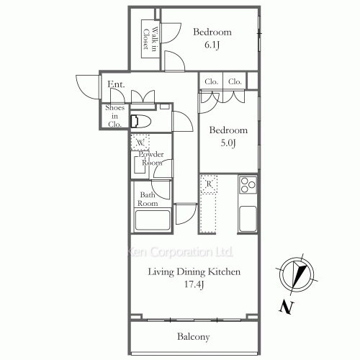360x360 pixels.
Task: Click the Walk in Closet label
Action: point(150,39)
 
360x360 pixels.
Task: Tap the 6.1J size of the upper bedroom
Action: point(212,45)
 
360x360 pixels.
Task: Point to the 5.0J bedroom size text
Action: point(228,143)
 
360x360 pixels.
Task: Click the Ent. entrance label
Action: point(116,84)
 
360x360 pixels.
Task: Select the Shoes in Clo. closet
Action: point(114,116)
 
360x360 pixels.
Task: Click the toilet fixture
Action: point(140,121)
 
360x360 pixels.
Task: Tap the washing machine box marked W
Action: point(140,143)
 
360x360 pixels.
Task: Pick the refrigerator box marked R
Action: point(209,184)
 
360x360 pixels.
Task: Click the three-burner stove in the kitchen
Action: point(248,185)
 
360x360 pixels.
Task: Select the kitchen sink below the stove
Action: point(248,219)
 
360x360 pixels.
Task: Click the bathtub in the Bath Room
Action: point(153,220)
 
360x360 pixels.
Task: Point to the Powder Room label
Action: point(151,158)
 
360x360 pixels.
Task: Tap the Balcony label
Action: point(194,337)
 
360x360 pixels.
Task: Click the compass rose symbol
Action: point(297,274)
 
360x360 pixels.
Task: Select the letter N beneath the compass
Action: point(287,307)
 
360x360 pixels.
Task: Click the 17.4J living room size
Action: point(194,284)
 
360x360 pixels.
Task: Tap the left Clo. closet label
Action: point(211,82)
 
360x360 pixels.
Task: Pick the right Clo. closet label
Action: point(235,82)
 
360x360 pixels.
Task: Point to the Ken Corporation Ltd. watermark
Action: point(180,252)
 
